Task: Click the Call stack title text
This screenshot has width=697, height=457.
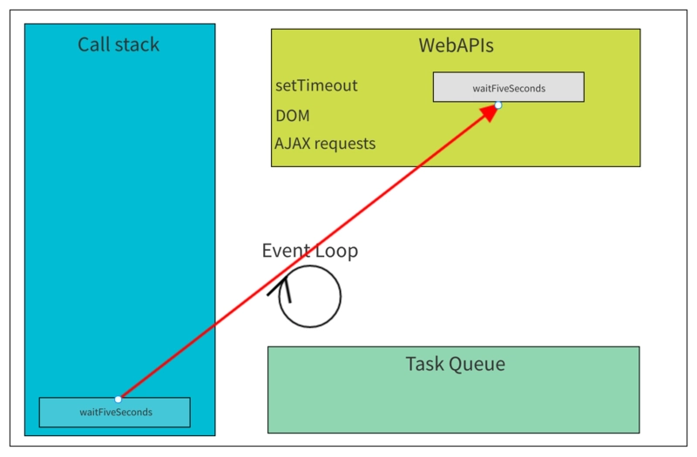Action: coord(118,44)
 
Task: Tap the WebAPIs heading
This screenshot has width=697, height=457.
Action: coord(456,45)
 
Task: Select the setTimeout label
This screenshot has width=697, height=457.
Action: coord(316,85)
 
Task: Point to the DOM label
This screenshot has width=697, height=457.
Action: coord(293,116)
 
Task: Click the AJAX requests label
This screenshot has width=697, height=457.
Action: coord(325,144)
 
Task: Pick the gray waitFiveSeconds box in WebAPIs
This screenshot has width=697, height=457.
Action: coord(509,87)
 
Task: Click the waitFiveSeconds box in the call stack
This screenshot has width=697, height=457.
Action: coord(115,412)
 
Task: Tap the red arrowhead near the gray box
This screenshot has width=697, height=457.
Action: coord(490,113)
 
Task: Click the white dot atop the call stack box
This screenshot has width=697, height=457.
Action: coord(118,400)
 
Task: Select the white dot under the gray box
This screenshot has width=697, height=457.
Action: coord(498,105)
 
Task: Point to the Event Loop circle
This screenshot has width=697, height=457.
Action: coord(341,297)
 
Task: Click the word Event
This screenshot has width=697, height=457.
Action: coord(285,251)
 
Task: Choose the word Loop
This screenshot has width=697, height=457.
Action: coord(336,252)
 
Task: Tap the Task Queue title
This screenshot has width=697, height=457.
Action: coord(455,364)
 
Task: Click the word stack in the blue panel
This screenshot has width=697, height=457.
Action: coord(136,44)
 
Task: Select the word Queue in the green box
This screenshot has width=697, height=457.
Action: coord(477,364)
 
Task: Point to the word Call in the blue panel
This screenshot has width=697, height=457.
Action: coord(93,44)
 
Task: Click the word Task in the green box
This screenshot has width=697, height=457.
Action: coord(424,364)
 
